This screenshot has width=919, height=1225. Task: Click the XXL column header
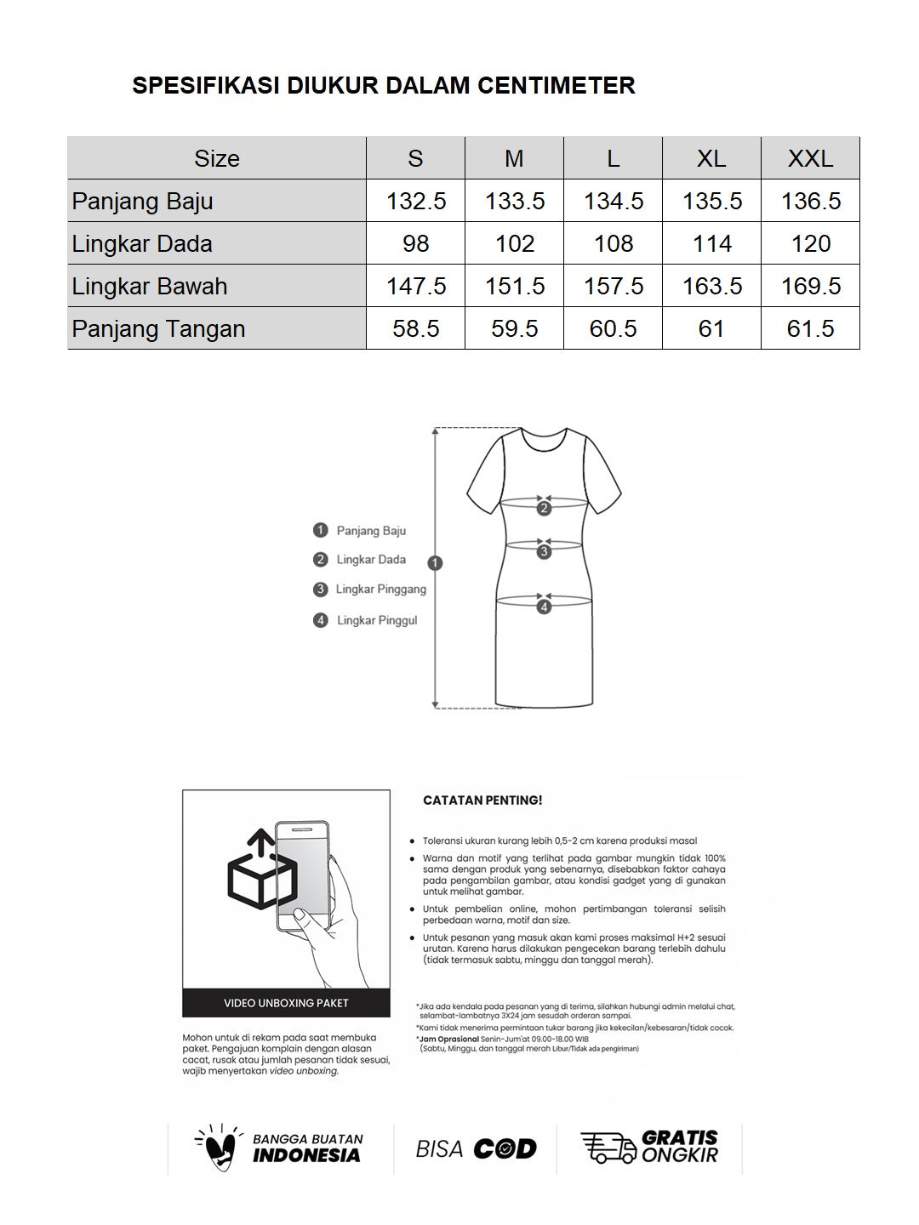[x=810, y=158]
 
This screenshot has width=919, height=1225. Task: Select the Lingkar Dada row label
[x=142, y=244]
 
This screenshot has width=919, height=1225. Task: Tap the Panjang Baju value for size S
[x=415, y=202]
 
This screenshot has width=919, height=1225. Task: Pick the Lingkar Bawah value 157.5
[x=613, y=287]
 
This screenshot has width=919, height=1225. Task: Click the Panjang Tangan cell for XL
[x=711, y=329]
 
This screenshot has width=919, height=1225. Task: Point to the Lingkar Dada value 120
[x=810, y=244]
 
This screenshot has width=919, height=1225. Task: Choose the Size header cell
[x=216, y=158]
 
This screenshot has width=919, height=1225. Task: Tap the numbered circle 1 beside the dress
[x=436, y=562]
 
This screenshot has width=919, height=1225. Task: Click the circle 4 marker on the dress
[x=544, y=607]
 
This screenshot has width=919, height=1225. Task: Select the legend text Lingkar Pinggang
[x=380, y=590]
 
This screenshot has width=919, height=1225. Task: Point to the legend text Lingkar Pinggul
[x=377, y=621]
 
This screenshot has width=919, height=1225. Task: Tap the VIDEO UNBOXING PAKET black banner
[x=286, y=1003]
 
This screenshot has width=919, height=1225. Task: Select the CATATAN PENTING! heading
[x=482, y=801]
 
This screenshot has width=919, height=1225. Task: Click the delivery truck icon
[x=608, y=1148]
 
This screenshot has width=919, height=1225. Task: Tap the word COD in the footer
[x=505, y=1149]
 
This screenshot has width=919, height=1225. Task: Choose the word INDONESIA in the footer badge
[x=306, y=1156]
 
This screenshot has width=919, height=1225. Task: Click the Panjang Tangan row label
[x=158, y=329]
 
